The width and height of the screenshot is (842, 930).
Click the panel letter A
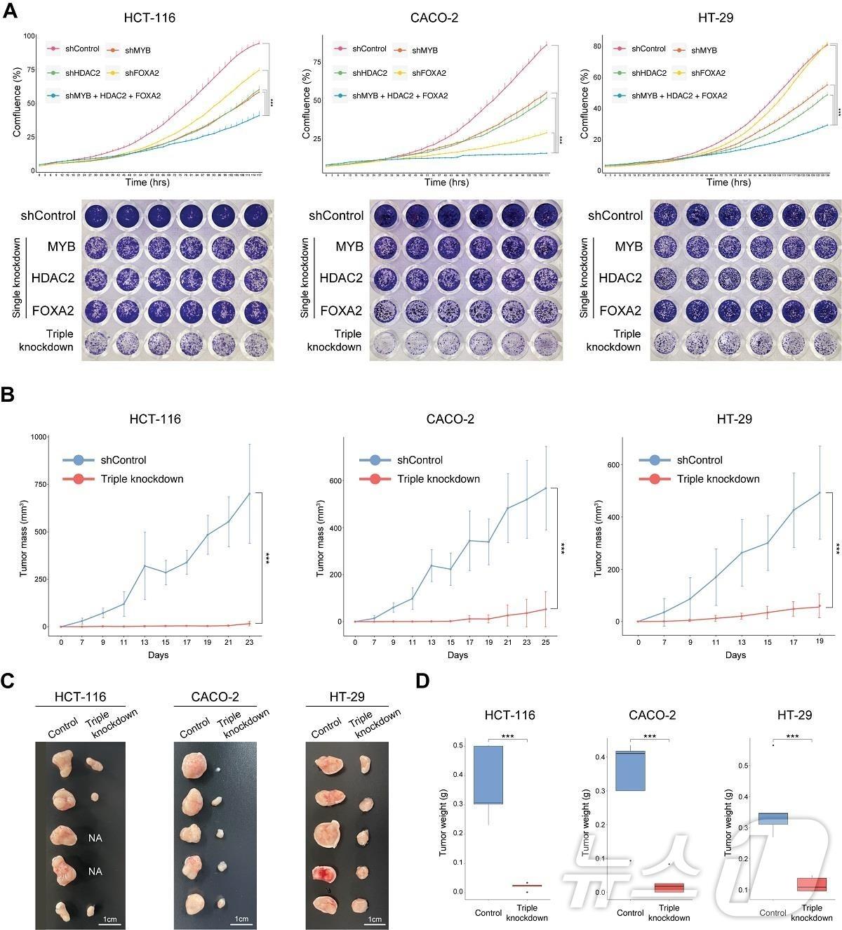(11, 13)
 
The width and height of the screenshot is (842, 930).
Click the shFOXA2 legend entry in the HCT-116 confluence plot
(138, 72)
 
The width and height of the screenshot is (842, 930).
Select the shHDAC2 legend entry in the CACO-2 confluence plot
(369, 72)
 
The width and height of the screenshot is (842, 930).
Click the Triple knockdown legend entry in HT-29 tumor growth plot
(718, 479)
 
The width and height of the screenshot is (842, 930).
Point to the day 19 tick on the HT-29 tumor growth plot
(820, 641)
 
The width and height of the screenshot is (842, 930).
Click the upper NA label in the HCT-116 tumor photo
(95, 838)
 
